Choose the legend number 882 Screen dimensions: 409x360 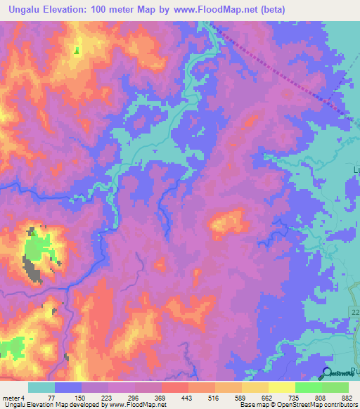coord(336,397)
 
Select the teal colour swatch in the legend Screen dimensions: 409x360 coord(41,387)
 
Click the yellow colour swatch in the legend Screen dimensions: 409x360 coord(282,387)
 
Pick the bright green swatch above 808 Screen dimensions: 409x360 coord(309,387)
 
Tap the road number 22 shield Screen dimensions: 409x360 coord(354,310)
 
